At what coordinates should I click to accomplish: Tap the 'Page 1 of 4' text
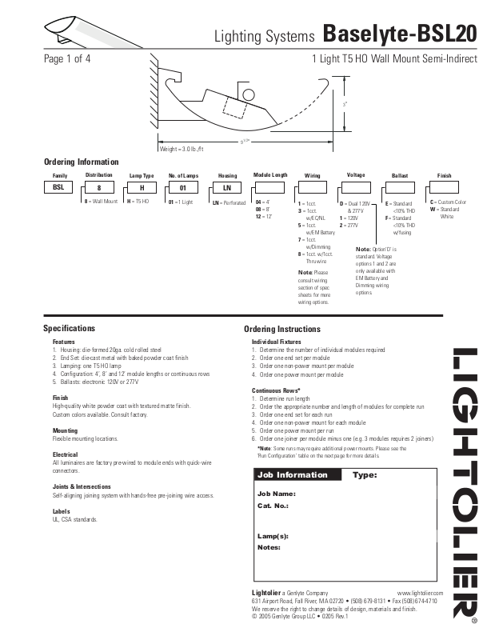tap(66, 59)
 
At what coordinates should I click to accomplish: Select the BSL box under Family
tap(58, 188)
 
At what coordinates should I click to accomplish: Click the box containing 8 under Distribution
tap(99, 188)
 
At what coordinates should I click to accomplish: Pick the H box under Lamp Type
tap(142, 188)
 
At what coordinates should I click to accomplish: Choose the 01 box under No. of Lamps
tap(183, 188)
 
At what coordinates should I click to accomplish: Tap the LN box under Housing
tap(227, 188)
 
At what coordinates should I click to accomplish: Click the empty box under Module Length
tap(269, 188)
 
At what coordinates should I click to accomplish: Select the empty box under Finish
tap(444, 188)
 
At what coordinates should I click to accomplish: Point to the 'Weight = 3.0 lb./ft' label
tap(182, 150)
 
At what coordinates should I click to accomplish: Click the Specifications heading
tap(69, 329)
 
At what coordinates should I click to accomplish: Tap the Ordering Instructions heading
tap(281, 329)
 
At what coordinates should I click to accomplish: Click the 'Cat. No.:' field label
tap(273, 506)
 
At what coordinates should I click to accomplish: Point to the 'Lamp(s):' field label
tap(273, 535)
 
